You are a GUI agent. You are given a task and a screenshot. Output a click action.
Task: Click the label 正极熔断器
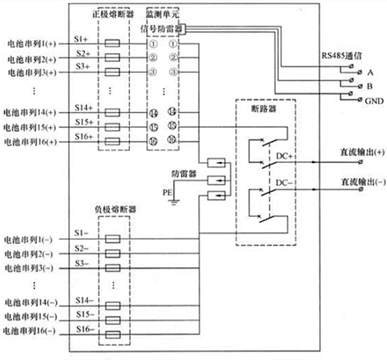pos(112,15)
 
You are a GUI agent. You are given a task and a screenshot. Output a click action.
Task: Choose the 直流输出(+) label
pos(358,152)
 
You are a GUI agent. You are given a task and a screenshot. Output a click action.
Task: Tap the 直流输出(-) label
pos(358,180)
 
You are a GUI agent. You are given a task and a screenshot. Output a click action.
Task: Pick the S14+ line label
pos(83,107)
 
